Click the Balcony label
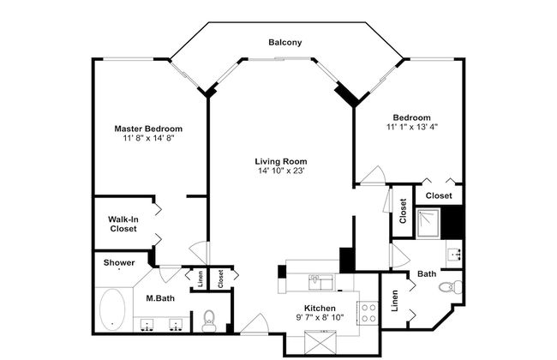pyautogui.click(x=284, y=43)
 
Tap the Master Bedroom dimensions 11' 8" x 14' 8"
pyautogui.click(x=148, y=138)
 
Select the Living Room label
pyautogui.click(x=281, y=161)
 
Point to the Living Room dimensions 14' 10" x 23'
pyautogui.click(x=282, y=171)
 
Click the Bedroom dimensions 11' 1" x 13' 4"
pyautogui.click(x=412, y=127)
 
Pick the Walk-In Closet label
pyautogui.click(x=123, y=224)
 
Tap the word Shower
pyautogui.click(x=119, y=263)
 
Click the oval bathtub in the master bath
pyautogui.click(x=112, y=309)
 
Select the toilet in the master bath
pyautogui.click(x=208, y=321)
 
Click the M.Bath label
pyautogui.click(x=160, y=298)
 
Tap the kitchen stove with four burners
pyautogui.click(x=368, y=313)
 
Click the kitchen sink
pyautogui.click(x=321, y=283)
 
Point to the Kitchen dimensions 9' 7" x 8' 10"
pyautogui.click(x=320, y=317)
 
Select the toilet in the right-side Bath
pyautogui.click(x=452, y=286)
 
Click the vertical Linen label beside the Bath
pyautogui.click(x=395, y=301)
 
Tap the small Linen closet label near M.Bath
pyautogui.click(x=201, y=279)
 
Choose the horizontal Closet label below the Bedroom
pyautogui.click(x=439, y=195)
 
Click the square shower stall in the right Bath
pyautogui.click(x=428, y=223)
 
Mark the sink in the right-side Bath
pyautogui.click(x=454, y=254)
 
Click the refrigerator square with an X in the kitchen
pyautogui.click(x=320, y=342)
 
